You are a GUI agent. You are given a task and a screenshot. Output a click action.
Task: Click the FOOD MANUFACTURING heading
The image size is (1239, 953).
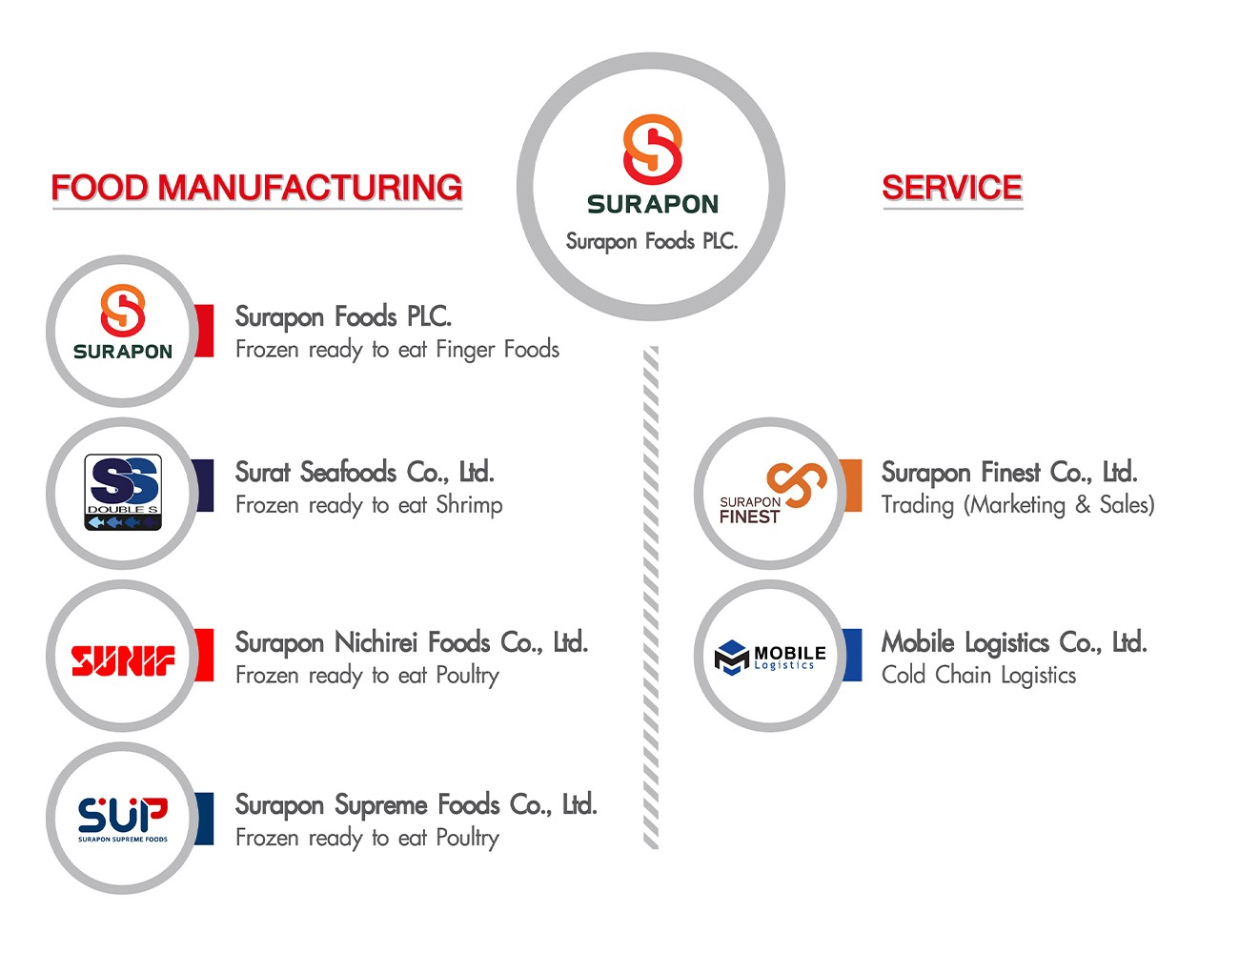coord(256,188)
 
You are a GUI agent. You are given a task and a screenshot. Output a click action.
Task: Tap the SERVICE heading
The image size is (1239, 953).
coord(951,188)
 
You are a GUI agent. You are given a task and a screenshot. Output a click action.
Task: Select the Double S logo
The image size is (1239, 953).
coord(123,493)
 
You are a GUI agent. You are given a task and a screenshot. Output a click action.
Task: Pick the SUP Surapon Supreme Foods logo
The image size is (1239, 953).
coord(123,819)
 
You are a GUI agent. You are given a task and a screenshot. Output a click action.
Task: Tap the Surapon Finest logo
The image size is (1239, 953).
coord(770,494)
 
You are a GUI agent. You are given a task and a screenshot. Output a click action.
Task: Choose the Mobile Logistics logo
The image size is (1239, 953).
coord(770,657)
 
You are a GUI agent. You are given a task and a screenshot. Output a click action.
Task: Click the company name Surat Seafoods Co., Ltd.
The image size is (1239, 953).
coord(364,472)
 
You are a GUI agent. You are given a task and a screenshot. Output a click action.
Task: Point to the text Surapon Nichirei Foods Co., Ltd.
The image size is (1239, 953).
coord(411,642)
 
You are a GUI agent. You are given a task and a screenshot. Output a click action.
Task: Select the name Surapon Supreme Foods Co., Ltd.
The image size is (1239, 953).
coord(416,805)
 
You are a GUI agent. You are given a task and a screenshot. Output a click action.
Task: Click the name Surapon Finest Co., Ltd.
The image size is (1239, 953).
coord(1008,472)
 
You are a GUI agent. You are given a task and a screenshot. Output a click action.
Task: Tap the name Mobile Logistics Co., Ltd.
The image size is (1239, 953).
coord(1013,642)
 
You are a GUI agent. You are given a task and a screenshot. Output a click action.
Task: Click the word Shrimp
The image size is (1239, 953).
coord(469,505)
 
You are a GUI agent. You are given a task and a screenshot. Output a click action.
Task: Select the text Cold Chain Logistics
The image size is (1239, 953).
coord(978,675)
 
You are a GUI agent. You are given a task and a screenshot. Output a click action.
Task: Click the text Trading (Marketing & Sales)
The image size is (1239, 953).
coord(1017,505)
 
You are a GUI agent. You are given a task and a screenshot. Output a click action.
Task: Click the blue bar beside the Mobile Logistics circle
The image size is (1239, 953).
coord(851,655)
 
